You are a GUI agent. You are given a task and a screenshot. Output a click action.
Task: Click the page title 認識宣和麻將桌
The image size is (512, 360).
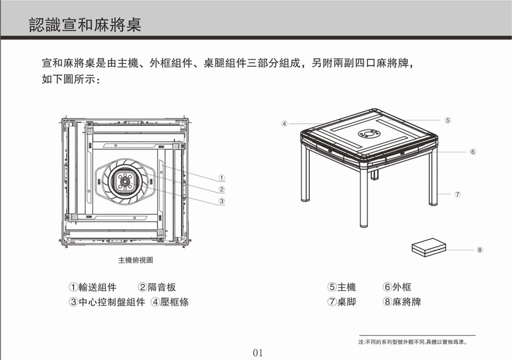pyautogui.click(x=85, y=24)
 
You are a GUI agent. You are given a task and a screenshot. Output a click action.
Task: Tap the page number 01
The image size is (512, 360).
pyautogui.click(x=258, y=353)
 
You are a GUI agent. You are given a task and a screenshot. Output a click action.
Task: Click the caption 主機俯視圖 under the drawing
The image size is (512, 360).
pyautogui.click(x=136, y=260)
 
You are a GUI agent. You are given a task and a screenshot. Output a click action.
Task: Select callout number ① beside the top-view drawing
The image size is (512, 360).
pyautogui.click(x=221, y=178)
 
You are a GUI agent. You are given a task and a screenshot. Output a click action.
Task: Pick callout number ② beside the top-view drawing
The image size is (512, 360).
pyautogui.click(x=221, y=190)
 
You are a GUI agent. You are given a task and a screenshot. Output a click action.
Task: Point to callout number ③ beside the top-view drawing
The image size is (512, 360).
pyautogui.click(x=221, y=201)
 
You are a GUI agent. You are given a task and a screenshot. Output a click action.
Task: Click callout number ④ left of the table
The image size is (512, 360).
pyautogui.click(x=284, y=124)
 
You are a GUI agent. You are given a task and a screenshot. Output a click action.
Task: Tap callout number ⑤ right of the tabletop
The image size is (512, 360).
pyautogui.click(x=447, y=120)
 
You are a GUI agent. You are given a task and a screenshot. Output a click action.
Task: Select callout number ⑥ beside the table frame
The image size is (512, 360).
pyautogui.click(x=473, y=152)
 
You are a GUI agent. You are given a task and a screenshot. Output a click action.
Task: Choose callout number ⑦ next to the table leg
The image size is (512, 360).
pyautogui.click(x=458, y=194)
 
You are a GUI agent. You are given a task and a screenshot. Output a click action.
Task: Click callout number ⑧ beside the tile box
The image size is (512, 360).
pyautogui.click(x=479, y=250)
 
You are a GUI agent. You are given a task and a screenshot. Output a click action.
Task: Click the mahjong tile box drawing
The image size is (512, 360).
pyautogui.click(x=429, y=247)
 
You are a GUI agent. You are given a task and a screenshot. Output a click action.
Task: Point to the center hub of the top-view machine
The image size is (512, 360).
pyautogui.click(x=124, y=181)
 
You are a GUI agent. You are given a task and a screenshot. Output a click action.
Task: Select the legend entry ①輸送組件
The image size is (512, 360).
pyautogui.click(x=93, y=287)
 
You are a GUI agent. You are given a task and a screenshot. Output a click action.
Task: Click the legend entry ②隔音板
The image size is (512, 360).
pyautogui.click(x=157, y=287)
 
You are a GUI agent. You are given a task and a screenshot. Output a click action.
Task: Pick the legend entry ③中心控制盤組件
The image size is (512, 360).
pyautogui.click(x=107, y=302)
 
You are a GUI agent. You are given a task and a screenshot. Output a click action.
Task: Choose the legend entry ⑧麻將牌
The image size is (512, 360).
pyautogui.click(x=402, y=302)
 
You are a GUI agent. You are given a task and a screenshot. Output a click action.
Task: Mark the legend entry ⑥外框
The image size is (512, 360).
pyautogui.click(x=397, y=287)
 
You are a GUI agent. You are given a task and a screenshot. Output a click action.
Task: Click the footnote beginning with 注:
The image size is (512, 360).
pyautogui.click(x=413, y=342)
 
